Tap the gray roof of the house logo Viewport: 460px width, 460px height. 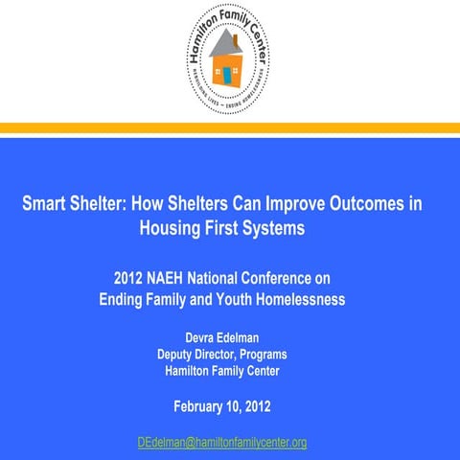point(224,45)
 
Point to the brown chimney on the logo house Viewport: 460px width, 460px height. point(236,40)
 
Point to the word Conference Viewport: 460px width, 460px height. point(296,279)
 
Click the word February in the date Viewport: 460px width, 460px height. point(204,405)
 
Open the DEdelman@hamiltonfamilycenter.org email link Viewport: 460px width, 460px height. point(222,442)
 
